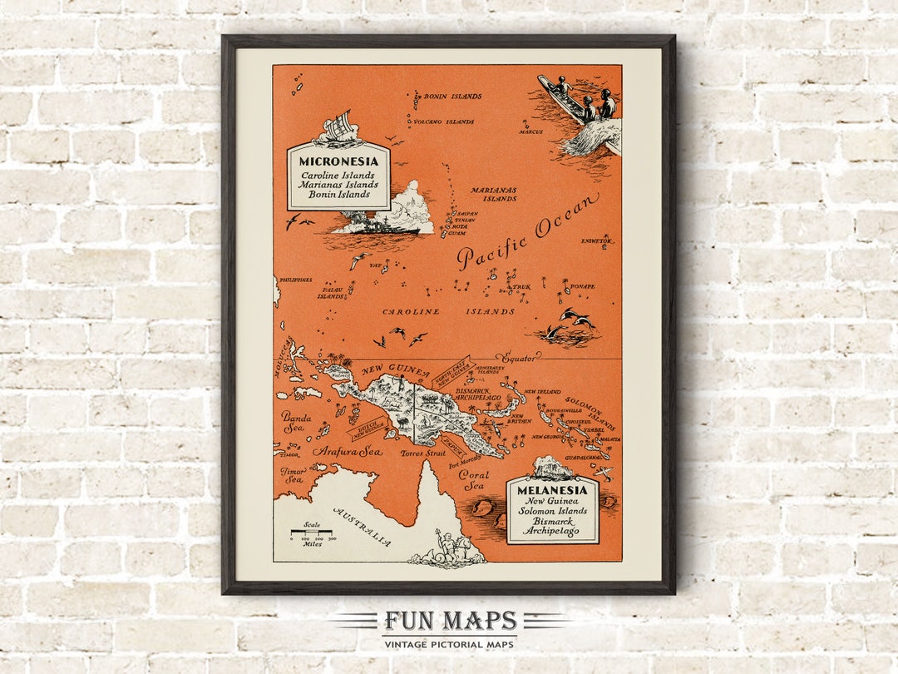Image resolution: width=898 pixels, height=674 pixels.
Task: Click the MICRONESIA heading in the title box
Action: coord(338,161)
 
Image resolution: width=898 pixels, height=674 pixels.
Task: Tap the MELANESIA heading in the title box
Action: coord(552,490)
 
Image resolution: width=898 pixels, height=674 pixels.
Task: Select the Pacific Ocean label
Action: coord(527,231)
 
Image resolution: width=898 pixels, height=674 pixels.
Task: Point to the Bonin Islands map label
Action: coord(451,97)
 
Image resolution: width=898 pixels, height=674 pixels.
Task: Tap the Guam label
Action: coord(458,233)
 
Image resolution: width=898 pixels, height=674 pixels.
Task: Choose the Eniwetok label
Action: coord(596,240)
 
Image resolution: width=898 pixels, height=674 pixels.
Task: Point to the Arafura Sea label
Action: coord(347,451)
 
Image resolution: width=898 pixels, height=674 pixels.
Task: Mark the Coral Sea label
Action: coord(473,480)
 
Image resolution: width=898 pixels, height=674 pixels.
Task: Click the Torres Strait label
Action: coord(423,454)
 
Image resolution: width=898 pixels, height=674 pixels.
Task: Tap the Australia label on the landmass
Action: coord(362,526)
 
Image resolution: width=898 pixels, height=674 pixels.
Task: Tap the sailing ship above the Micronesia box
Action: coord(339,128)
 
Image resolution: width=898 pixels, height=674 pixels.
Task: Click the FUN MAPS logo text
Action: coord(449,622)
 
